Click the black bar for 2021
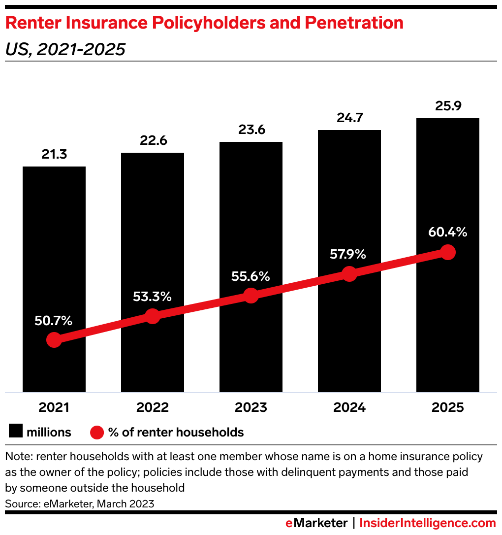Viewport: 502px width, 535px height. click(54, 246)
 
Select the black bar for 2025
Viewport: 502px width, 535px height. click(448, 197)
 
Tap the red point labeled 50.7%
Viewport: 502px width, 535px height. click(54, 340)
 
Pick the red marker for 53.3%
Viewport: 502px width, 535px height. click(153, 316)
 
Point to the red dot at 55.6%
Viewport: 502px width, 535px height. click(251, 296)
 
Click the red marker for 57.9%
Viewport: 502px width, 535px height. click(349, 274)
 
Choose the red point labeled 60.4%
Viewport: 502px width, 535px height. click(447, 252)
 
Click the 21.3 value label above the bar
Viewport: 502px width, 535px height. click(54, 155)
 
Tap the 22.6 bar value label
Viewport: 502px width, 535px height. click(153, 141)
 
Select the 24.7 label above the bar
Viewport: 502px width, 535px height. click(349, 118)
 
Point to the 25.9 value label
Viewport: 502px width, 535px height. click(448, 106)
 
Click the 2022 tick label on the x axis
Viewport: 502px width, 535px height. click(153, 408)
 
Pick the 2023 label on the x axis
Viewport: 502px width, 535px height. click(251, 408)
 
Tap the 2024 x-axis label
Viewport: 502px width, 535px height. click(349, 408)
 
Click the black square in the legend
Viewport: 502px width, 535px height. click(15, 432)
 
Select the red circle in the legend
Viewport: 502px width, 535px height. click(97, 433)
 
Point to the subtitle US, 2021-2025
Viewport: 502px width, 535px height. click(65, 49)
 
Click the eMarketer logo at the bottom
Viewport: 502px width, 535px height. click(316, 523)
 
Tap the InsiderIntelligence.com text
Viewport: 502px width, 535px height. click(427, 523)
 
